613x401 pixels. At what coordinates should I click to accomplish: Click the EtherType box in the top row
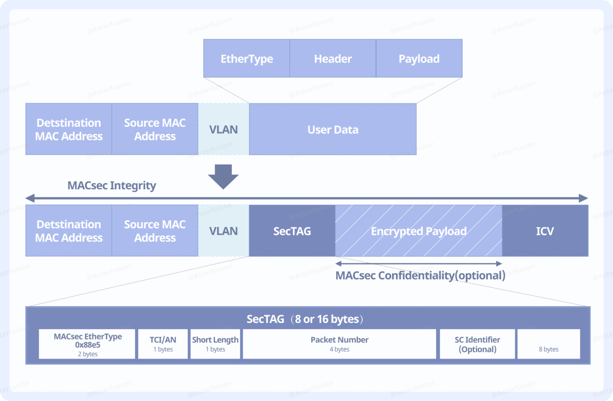coord(246,59)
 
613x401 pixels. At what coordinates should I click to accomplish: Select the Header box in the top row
coord(332,59)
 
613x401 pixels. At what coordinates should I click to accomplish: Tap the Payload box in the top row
coord(419,59)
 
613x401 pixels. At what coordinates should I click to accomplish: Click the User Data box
coord(332,129)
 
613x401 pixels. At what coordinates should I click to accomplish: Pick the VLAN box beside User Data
coord(223,129)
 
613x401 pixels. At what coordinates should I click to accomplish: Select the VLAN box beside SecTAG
coord(223,231)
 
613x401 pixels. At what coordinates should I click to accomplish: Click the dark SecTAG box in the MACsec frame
coord(292,231)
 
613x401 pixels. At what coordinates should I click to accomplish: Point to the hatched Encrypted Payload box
coord(418,231)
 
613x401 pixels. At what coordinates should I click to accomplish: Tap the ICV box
coord(545,231)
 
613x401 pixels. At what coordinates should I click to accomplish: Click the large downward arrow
coord(223,176)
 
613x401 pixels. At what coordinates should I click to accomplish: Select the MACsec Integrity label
coord(112,186)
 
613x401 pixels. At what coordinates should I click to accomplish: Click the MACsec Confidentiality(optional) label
coord(420,276)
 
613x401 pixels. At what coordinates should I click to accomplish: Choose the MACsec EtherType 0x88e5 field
coord(87,344)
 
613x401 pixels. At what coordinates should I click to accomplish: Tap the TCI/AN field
coord(163,344)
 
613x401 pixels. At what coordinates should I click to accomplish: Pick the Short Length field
coord(215,344)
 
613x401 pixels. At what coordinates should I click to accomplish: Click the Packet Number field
coord(339,344)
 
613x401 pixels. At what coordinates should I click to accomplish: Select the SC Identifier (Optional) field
coord(477,344)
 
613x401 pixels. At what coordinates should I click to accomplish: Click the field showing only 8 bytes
coord(548,344)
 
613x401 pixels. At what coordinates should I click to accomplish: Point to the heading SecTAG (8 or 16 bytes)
coord(305,319)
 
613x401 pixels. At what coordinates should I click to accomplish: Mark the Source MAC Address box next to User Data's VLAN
coord(155,129)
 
